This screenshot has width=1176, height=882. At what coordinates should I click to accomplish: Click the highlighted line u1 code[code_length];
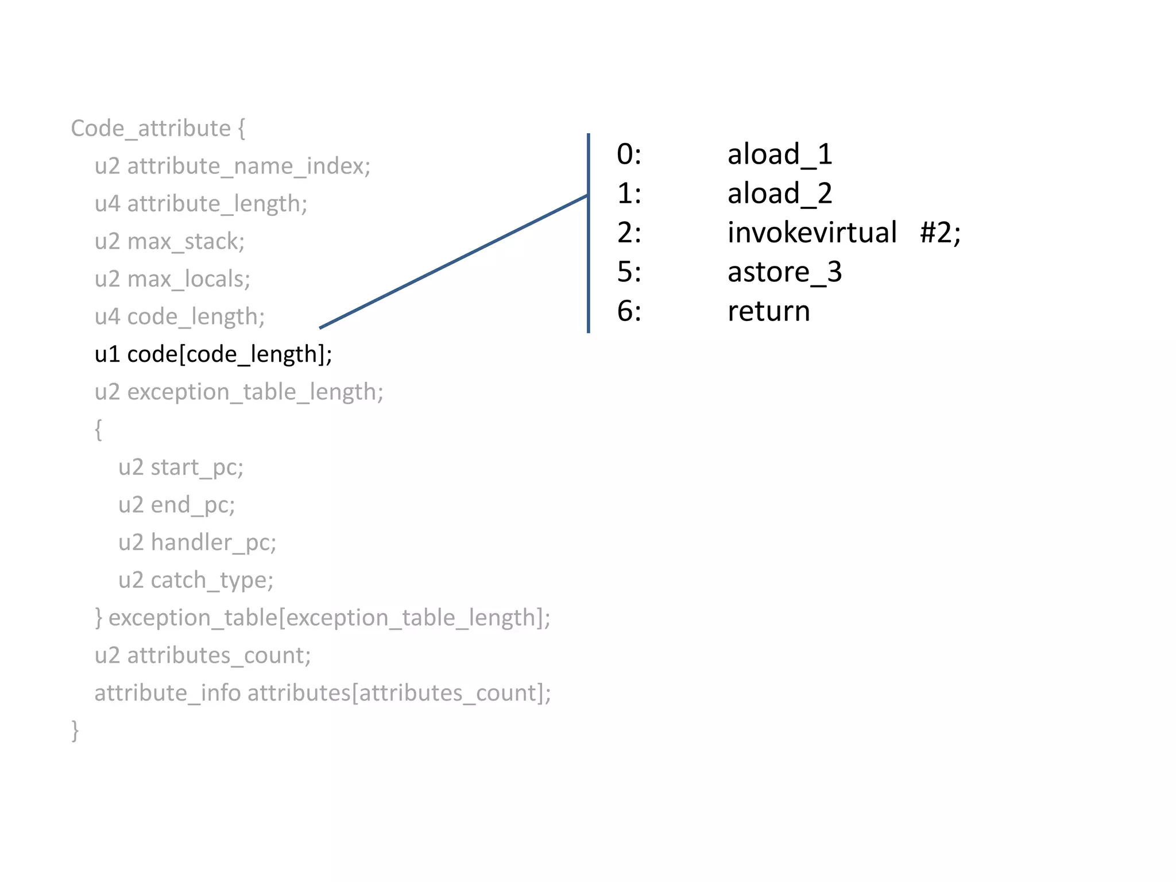213,354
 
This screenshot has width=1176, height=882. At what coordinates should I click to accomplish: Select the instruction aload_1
780,154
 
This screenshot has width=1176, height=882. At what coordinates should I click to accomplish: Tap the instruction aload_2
780,194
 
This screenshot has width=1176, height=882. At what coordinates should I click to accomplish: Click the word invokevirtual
811,233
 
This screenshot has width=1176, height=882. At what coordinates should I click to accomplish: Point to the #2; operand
940,233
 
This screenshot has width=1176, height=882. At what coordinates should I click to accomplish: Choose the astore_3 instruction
784,272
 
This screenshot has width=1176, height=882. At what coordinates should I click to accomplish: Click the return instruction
768,311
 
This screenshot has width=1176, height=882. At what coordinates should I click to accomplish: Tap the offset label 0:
629,154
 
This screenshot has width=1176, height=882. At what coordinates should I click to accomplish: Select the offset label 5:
629,272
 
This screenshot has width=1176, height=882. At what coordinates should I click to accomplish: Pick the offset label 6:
629,311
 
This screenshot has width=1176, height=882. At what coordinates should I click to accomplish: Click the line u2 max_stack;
169,242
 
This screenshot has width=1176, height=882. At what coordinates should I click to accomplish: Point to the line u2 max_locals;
172,279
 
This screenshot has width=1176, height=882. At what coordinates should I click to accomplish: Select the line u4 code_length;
180,317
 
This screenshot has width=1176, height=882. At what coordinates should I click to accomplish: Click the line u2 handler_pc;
197,543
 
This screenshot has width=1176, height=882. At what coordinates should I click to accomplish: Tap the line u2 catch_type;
195,581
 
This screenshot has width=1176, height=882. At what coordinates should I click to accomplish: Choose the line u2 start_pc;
181,467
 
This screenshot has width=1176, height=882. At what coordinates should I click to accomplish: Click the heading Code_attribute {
158,129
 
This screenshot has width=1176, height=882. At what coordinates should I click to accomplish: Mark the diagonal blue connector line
454,262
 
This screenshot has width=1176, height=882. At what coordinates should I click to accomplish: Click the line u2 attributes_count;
203,656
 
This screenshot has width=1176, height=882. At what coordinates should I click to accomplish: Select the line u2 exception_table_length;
239,392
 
